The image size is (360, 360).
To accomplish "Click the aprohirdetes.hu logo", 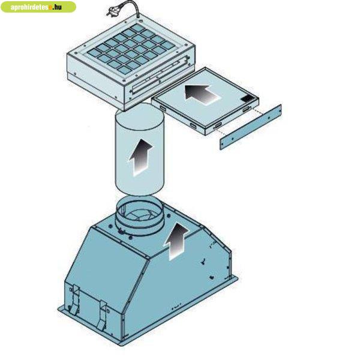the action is tap(38, 7).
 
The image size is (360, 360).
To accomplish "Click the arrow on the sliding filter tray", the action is tap(202, 94).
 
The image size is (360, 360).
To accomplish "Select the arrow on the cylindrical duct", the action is tap(140, 157).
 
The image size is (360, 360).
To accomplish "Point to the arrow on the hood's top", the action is tap(176, 242).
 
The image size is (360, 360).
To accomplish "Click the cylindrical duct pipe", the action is tap(140, 149).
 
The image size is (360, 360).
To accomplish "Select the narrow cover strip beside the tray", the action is tap(251, 127).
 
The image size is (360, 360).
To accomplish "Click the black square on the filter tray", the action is tap(247, 98).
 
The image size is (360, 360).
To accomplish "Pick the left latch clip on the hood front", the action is tap(74, 301).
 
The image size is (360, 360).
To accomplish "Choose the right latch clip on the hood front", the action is tap(103, 316).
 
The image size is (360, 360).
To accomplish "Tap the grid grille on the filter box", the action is tap(131, 49).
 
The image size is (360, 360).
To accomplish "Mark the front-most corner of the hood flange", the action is tap(121, 345).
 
